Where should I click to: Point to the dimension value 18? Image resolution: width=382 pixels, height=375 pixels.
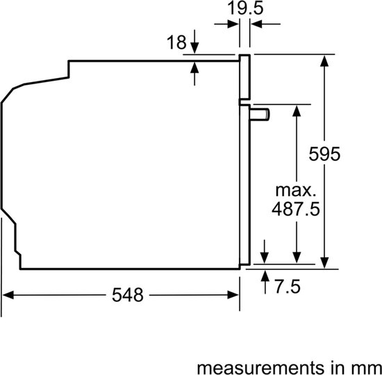pos(176,43)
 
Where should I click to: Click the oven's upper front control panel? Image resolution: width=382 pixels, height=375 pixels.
pos(244,77)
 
